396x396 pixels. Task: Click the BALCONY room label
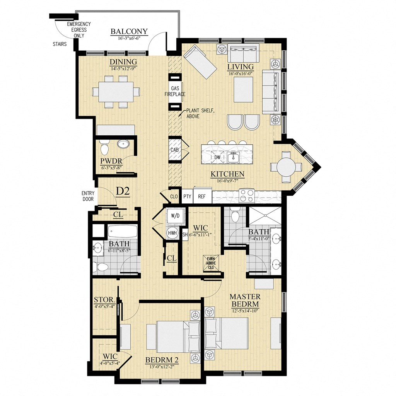124,31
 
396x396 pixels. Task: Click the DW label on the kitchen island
217,157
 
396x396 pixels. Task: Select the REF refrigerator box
202,196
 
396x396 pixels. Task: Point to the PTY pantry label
188,196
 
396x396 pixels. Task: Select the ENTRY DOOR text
88,196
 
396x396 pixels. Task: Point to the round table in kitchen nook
287,167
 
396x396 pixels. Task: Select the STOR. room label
104,300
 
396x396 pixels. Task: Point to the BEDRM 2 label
160,360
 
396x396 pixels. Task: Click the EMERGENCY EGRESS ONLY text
76,29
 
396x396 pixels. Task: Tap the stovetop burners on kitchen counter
247,193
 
